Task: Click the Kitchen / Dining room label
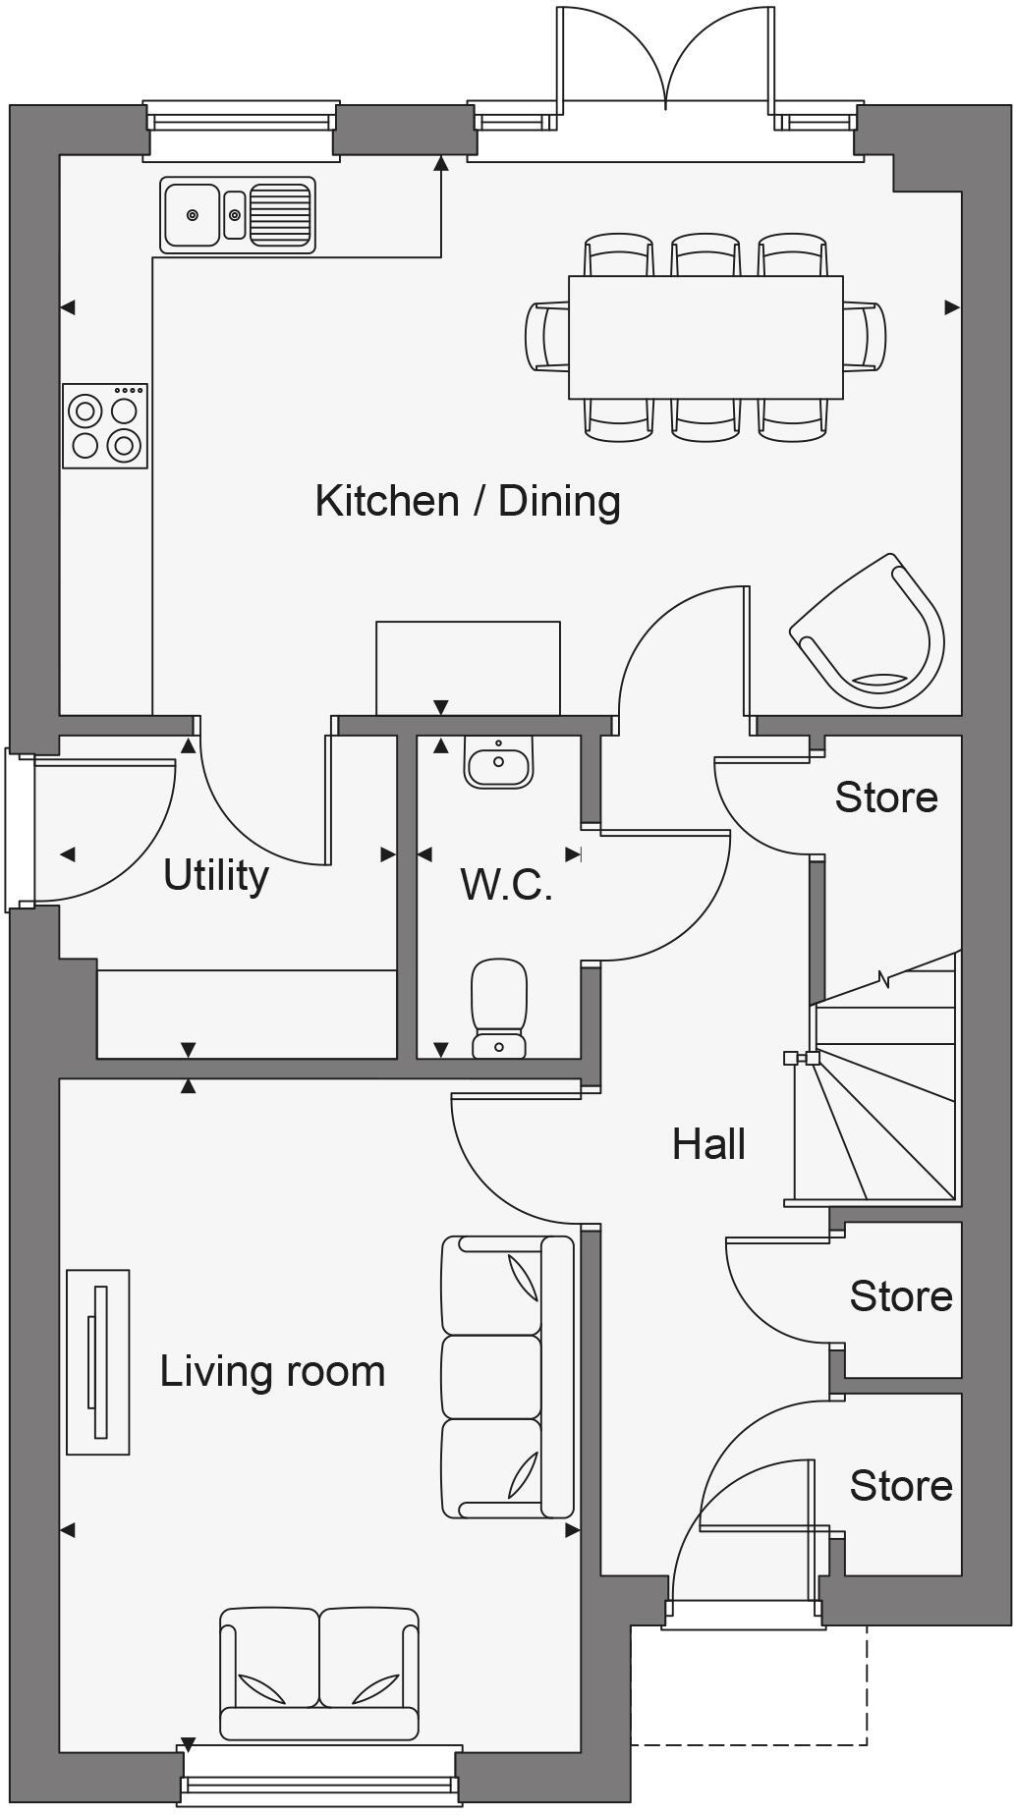tap(468, 501)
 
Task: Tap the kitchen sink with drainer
tap(237, 214)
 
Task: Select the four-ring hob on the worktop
tap(105, 426)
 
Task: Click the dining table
tap(704, 337)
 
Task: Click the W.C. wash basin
tap(499, 762)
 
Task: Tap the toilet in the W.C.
tap(499, 1008)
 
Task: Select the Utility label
tap(216, 874)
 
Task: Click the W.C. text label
tap(506, 885)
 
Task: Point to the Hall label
tap(708, 1144)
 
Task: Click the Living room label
tap(272, 1371)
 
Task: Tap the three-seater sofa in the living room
tap(507, 1376)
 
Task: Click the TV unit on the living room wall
tap(98, 1361)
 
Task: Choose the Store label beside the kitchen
tap(885, 797)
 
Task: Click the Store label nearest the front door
tap(900, 1486)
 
